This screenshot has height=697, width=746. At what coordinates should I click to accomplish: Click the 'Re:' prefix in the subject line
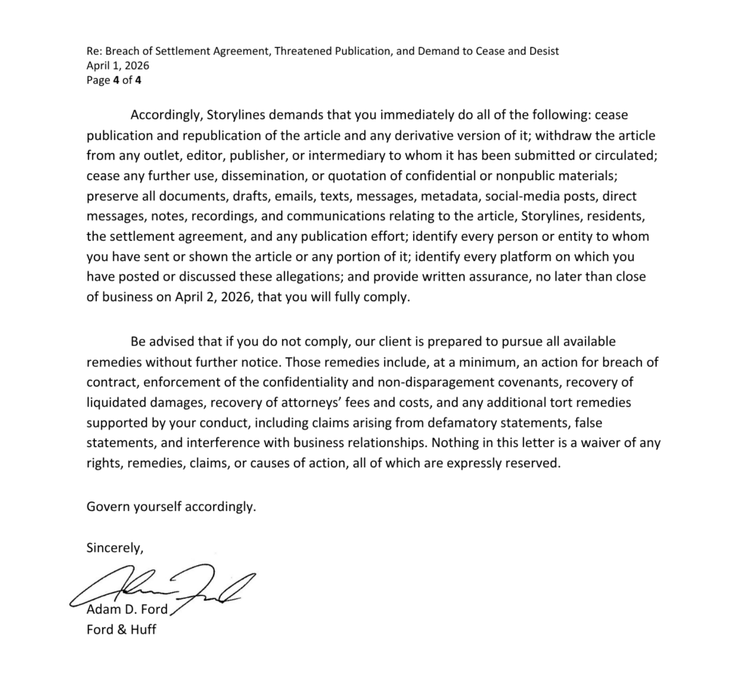tap(94, 51)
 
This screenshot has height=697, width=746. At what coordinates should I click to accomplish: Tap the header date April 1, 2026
tap(112, 66)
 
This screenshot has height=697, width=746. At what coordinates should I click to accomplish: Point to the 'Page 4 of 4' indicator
tap(114, 80)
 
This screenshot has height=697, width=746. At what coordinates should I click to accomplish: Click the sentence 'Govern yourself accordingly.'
tap(171, 506)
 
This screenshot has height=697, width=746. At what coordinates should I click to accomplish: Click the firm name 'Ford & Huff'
tap(121, 629)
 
